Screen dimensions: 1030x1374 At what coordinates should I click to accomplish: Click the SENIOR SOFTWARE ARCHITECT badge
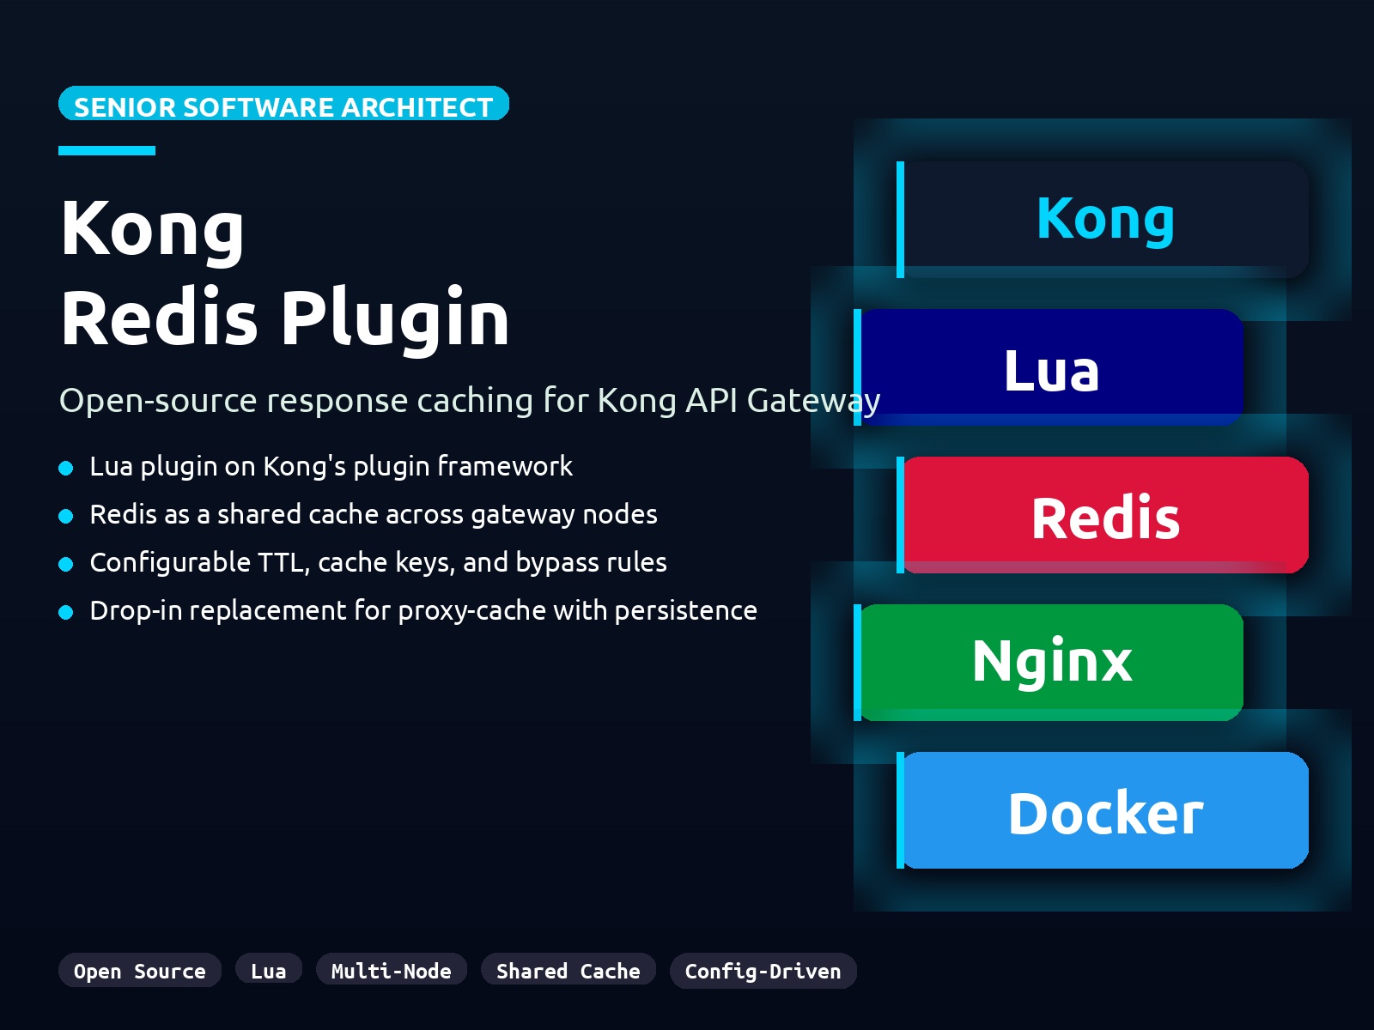[x=283, y=105]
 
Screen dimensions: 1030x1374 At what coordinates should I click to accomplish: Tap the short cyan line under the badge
[x=106, y=151]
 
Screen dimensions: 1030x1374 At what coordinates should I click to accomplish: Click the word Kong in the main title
[x=153, y=228]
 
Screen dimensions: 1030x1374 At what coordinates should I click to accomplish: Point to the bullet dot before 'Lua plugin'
[x=66, y=468]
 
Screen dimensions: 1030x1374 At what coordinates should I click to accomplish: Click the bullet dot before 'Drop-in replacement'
[x=66, y=612]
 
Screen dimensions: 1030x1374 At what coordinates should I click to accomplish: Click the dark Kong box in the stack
[x=1105, y=220]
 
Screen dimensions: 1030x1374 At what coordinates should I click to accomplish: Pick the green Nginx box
[x=1051, y=662]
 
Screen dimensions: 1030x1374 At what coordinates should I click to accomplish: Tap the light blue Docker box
[x=1105, y=811]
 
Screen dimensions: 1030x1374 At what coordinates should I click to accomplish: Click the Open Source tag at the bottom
[x=140, y=971]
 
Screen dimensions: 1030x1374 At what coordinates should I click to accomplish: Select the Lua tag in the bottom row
[x=269, y=971]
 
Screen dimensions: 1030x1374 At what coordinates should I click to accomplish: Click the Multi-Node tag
[x=392, y=971]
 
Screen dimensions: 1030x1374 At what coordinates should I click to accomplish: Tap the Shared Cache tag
[x=568, y=971]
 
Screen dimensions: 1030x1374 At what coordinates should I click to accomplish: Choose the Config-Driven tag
[x=763, y=971]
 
